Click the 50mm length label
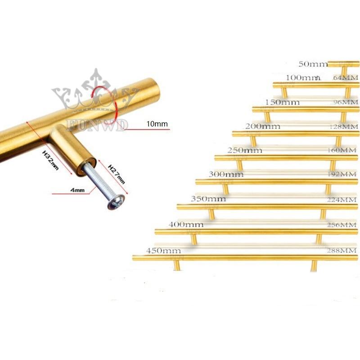click(313, 64)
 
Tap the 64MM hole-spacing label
click(349, 78)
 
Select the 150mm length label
click(282, 102)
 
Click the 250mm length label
click(245, 150)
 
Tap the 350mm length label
click(208, 198)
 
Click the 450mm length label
click(163, 251)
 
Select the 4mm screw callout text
click(78, 190)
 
